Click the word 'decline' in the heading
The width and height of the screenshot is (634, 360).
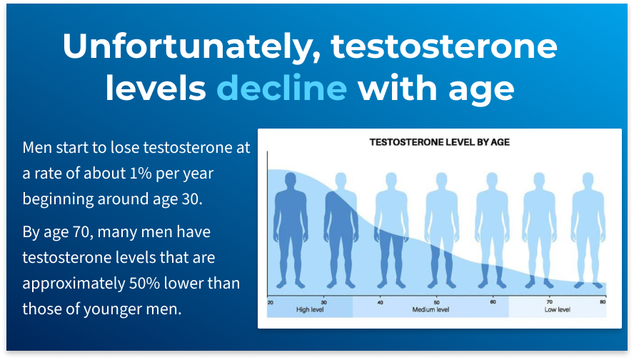(282, 88)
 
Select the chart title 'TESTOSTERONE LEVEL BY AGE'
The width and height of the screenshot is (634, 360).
(440, 142)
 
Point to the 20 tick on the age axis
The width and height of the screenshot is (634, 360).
(270, 303)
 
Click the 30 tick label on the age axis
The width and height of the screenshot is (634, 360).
(324, 303)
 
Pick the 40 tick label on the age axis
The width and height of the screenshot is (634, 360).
(380, 303)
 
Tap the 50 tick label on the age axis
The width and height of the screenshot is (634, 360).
(437, 303)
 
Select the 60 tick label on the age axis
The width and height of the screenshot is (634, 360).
(493, 302)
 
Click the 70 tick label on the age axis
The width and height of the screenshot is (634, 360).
(550, 302)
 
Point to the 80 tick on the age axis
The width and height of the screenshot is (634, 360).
(603, 302)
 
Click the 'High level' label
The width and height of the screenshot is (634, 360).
(310, 310)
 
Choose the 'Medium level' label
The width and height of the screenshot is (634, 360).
(431, 310)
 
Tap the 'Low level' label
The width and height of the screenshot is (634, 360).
(557, 310)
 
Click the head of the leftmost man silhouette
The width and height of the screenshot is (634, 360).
(291, 179)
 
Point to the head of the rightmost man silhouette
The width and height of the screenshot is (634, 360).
(588, 179)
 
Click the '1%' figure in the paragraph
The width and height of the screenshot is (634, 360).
(141, 174)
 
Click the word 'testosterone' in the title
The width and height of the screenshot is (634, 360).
(444, 46)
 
